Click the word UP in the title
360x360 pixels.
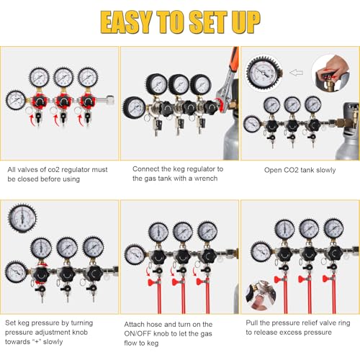tap(246, 22)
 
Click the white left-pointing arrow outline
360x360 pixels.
tap(296, 72)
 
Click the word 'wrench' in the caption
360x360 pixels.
tap(206, 179)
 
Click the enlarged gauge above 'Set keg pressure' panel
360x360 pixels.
tap(22, 218)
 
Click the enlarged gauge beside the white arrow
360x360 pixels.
tap(264, 73)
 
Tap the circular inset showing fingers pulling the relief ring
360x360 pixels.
tap(261, 295)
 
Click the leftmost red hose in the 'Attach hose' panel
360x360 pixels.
tap(159, 297)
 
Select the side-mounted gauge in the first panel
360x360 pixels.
tap(16, 100)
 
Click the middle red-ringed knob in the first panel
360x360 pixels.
tap(63, 102)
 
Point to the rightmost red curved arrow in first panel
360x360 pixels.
tap(81, 120)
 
